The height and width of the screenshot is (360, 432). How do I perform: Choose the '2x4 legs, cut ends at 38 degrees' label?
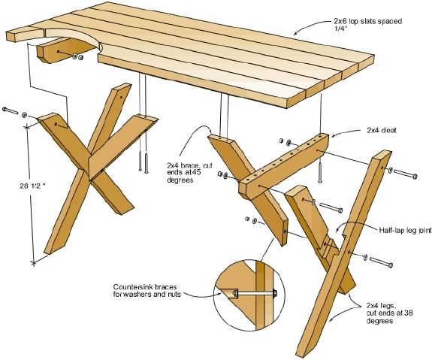(x=385, y=313)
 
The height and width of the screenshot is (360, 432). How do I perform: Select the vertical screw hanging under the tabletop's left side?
(x=140, y=161)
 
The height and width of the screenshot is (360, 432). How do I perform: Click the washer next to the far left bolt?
(x=25, y=113)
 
